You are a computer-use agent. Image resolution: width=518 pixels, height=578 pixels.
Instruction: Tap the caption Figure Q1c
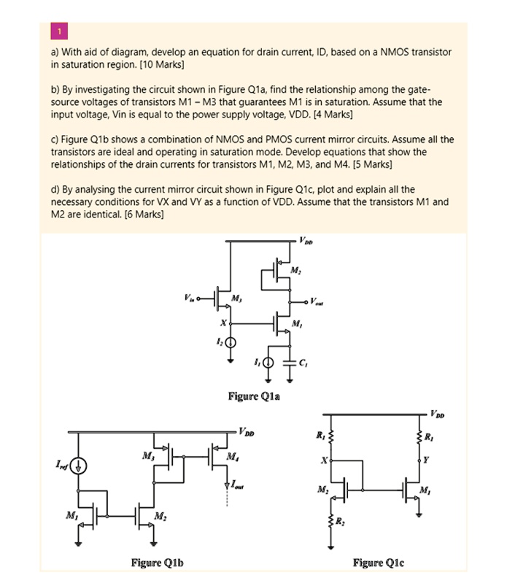point(378,562)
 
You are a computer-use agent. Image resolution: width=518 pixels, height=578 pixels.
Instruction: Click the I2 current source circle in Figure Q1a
point(231,342)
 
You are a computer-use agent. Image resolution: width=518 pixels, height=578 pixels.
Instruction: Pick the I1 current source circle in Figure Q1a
point(268,362)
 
